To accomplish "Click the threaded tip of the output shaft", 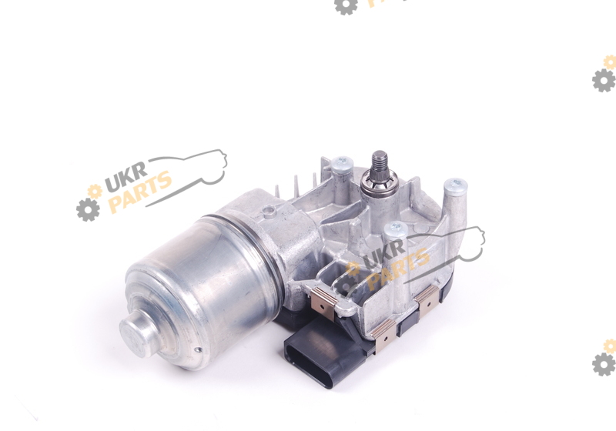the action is tap(380, 161).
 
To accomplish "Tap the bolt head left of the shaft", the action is tap(342, 162).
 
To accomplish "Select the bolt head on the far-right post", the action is tap(455, 184).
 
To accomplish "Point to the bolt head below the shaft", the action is tap(395, 229).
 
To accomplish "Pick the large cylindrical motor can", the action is tap(200, 290).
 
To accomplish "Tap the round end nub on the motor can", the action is tap(139, 332).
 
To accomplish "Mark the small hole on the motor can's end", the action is tap(198, 350).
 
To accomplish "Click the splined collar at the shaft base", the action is tap(380, 184).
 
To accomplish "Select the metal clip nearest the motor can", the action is tap(323, 299).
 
